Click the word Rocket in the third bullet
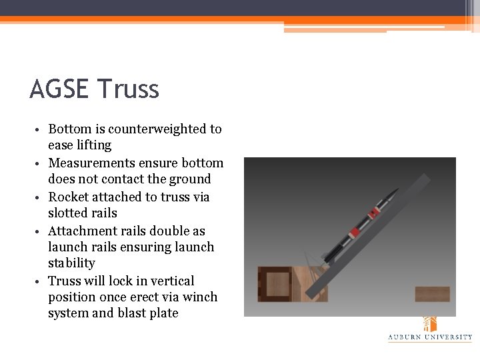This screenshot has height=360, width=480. tap(68, 197)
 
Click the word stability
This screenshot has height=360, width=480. tap(71, 263)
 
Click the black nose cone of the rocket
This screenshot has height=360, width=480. tap(392, 195)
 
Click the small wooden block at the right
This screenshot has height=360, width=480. tap(432, 294)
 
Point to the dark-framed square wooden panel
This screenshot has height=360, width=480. tap(274, 283)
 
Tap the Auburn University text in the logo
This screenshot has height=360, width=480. tap(430, 337)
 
